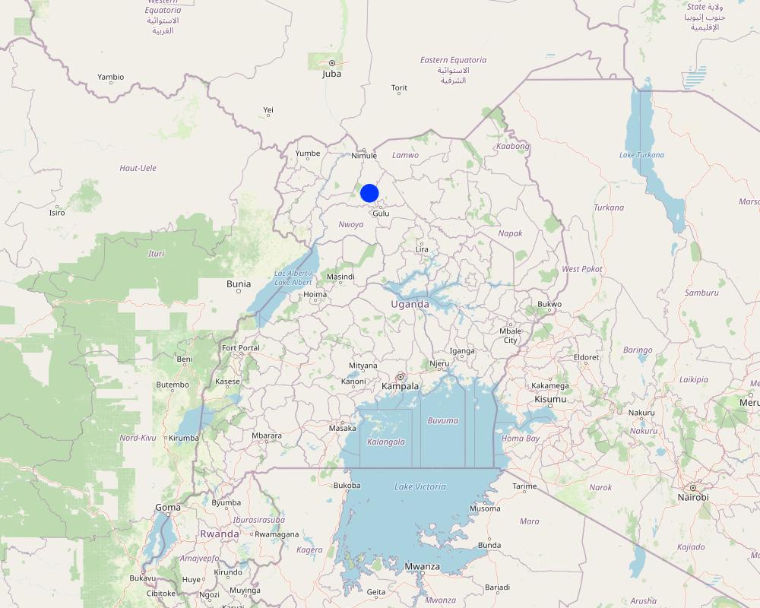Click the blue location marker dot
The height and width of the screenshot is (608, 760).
point(369,193)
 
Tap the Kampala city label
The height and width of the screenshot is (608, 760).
point(401,386)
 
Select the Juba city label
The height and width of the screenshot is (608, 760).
point(332,74)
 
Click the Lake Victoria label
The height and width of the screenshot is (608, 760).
point(420,486)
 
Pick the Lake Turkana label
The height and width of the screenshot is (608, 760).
point(642,155)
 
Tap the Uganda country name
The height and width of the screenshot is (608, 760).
point(410,304)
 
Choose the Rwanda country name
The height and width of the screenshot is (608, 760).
point(220,534)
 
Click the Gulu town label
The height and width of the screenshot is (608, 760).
point(381,214)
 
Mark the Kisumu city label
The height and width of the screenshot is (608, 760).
point(550,399)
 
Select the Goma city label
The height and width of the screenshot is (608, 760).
point(168,508)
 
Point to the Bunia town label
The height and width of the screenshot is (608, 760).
point(239,284)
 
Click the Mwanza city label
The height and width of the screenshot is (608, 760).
point(422,566)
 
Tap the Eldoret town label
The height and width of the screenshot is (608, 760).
point(587,357)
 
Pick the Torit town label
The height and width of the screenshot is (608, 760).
point(400,88)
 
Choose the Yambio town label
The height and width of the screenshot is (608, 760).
point(111,77)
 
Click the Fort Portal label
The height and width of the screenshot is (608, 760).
point(241,348)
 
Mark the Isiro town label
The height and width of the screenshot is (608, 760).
point(57,213)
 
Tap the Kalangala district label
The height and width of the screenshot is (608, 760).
point(386,442)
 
